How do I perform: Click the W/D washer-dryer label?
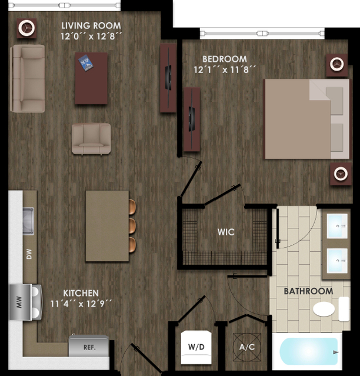point(196,347)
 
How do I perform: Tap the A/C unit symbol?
point(247,347)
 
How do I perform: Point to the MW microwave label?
point(19,302)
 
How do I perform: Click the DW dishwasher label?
point(29,254)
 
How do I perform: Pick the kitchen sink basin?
point(28,221)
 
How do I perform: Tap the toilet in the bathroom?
point(331,309)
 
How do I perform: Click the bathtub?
point(309,351)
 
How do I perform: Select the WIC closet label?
point(226,232)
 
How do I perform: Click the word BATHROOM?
point(308,291)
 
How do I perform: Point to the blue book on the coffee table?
point(85,63)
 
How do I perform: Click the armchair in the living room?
point(91,138)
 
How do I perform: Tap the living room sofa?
point(28,78)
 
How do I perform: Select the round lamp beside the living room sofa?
point(26,28)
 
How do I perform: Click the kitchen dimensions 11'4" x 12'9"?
point(81,304)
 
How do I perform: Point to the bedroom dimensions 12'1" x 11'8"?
point(225,70)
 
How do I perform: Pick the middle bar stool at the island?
point(132,225)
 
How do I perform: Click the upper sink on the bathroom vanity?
point(337,226)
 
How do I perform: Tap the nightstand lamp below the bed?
point(341,174)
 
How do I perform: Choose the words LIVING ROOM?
point(91,25)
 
